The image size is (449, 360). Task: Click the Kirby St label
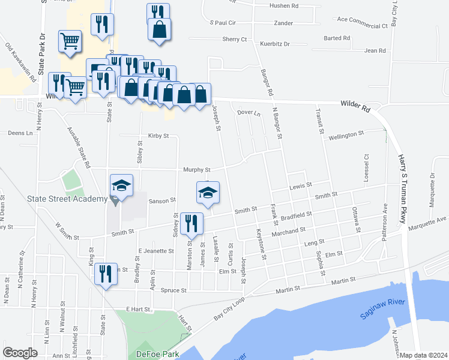click(158, 136)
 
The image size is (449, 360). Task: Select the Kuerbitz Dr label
click(274, 44)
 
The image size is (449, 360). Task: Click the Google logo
click(20, 353)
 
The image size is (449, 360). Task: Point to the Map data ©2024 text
click(423, 355)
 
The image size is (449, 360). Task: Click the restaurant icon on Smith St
click(191, 223)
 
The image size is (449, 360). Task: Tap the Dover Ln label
click(249, 113)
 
